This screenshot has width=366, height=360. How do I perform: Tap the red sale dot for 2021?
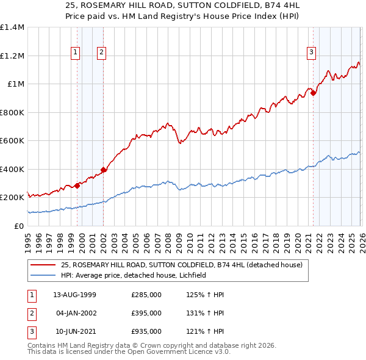click(x=313, y=93)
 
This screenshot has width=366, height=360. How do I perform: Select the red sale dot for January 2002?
click(x=104, y=170)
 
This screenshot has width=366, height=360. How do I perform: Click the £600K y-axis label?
click(x=12, y=141)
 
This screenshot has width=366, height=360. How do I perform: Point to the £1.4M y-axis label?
click(x=12, y=27)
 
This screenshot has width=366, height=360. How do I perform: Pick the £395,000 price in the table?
click(x=146, y=313)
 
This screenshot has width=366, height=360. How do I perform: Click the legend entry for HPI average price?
click(x=134, y=275)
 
